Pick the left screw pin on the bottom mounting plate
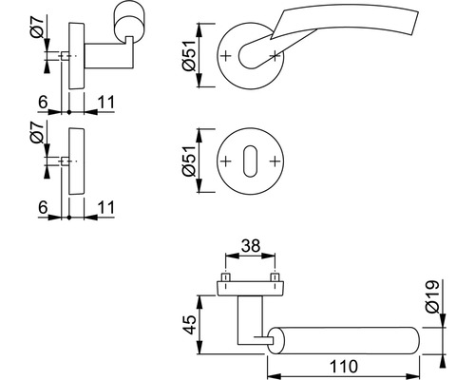click(x=225, y=278)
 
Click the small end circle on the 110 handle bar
click(x=275, y=336)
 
